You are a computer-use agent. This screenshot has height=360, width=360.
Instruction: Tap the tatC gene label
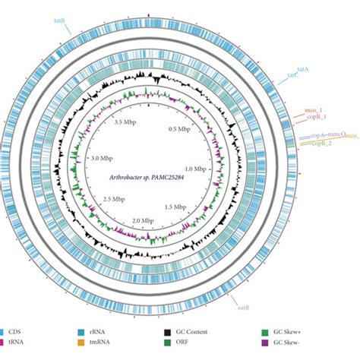click(292, 75)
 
